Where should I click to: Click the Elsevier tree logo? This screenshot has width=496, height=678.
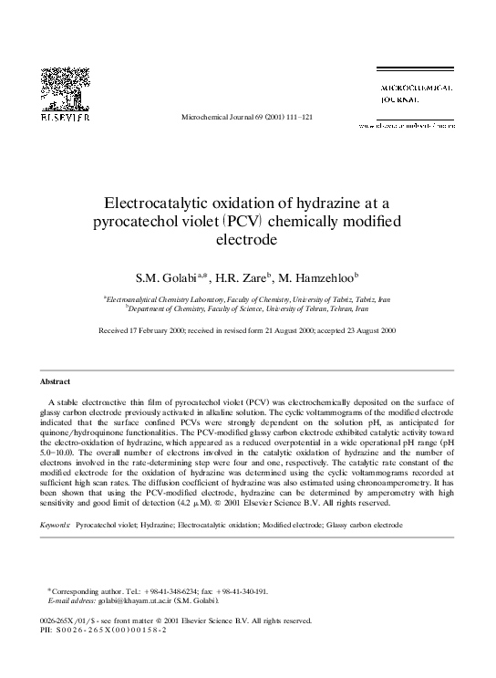pyautogui.click(x=61, y=91)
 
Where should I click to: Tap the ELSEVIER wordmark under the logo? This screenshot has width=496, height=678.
pyautogui.click(x=61, y=119)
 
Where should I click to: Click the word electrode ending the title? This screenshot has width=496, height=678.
pyautogui.click(x=246, y=241)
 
